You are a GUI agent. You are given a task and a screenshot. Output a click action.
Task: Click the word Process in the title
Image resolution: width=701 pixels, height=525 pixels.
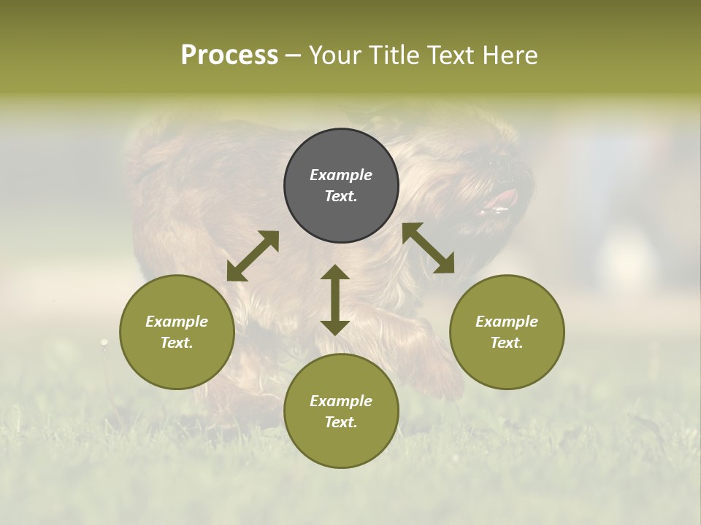229,55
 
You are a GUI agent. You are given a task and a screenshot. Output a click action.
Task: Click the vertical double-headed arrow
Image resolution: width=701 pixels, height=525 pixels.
335,300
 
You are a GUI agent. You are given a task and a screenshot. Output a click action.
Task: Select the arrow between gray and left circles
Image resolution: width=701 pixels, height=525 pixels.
253,256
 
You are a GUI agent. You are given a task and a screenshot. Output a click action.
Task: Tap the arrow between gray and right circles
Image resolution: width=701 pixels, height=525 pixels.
429,248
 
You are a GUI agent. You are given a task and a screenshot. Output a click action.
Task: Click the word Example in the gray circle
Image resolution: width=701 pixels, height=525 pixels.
341,175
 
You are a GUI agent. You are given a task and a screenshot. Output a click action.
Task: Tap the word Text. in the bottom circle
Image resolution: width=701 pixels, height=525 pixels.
341,422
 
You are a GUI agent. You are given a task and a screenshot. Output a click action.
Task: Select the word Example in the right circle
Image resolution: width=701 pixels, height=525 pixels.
507,322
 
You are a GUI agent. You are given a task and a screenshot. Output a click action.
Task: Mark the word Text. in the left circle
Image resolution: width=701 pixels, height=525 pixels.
177,343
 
